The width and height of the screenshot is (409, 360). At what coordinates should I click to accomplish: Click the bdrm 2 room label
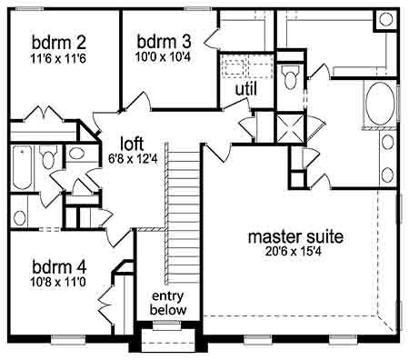pyautogui.click(x=59, y=43)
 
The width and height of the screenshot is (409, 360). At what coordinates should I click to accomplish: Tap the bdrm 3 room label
pyautogui.click(x=164, y=42)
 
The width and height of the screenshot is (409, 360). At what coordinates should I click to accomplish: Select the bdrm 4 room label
pyautogui.click(x=59, y=267)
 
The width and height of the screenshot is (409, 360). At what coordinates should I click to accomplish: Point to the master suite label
pyautogui.click(x=295, y=236)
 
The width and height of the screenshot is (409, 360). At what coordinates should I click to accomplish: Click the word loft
pyautogui.click(x=132, y=144)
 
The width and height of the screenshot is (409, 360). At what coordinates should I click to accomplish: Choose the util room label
pyautogui.click(x=246, y=89)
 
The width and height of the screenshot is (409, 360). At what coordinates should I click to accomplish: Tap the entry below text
pyautogui.click(x=168, y=303)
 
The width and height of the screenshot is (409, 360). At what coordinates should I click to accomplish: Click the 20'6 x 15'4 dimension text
pyautogui.click(x=293, y=251)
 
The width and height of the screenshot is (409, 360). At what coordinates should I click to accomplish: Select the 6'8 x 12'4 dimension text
pyautogui.click(x=133, y=158)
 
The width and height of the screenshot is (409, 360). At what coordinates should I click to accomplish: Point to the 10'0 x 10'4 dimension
pyautogui.click(x=163, y=56)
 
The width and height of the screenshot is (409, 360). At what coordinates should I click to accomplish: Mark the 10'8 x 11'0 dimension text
pyautogui.click(x=58, y=282)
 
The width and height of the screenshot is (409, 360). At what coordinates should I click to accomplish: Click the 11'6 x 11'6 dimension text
pyautogui.click(x=58, y=58)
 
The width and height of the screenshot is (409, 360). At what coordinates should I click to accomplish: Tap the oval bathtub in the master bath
pyautogui.click(x=380, y=103)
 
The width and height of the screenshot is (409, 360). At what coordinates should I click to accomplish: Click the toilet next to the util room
pyautogui.click(x=290, y=77)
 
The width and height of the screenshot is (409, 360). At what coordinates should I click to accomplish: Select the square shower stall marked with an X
pyautogui.click(x=290, y=128)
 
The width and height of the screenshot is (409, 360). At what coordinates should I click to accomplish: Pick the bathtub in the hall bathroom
pyautogui.click(x=22, y=167)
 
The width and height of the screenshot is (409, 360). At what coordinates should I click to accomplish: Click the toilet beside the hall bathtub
pyautogui.click(x=48, y=157)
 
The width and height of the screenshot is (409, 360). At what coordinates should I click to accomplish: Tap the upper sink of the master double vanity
pyautogui.click(x=387, y=143)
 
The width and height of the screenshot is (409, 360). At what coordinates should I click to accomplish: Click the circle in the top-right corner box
pyautogui.click(x=386, y=19)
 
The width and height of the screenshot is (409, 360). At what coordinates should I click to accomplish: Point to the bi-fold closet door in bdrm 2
pyautogui.click(x=44, y=114)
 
